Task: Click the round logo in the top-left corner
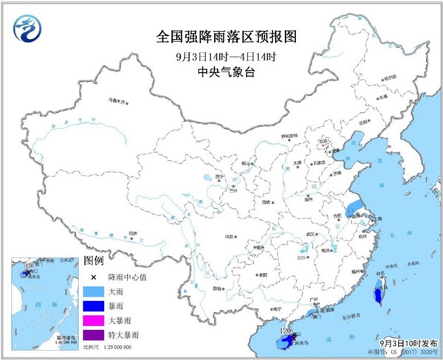pyautogui.click(x=27, y=28)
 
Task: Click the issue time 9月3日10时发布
pyautogui.click(x=405, y=343)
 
